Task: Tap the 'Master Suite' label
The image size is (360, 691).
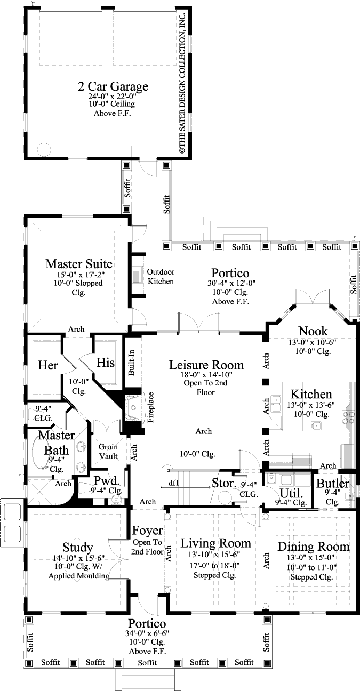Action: coord(78,263)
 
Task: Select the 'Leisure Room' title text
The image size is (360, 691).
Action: coord(206,365)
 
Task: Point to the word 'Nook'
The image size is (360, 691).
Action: coord(313,331)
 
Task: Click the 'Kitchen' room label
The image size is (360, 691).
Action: coord(311,394)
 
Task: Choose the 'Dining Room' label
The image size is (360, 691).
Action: coord(314,547)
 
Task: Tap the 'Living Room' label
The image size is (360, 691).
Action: coord(215,543)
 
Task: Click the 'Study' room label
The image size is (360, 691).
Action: coord(78,547)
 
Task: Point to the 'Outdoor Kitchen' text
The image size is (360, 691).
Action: coord(161,276)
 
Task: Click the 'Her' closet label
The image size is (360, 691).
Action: coord(48,366)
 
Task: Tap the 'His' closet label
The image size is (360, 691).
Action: coord(106,363)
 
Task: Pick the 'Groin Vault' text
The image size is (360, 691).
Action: coord(109,451)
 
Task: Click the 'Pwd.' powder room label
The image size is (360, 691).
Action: coord(102,480)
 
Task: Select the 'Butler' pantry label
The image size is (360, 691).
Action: coord(333,484)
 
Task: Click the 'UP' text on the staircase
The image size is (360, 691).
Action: coord(172,482)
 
